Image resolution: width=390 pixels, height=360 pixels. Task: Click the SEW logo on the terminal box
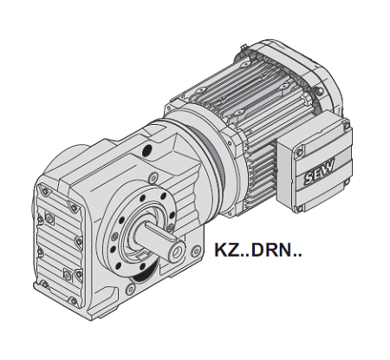[x=319, y=172]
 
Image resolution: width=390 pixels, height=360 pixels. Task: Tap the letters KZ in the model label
[x=227, y=250]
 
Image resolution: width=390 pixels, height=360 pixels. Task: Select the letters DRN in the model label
[x=271, y=250]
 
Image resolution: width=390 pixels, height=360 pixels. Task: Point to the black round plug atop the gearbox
[x=147, y=150]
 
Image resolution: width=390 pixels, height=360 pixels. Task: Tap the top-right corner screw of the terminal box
[x=347, y=126]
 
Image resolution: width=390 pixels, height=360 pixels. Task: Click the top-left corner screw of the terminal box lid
[x=300, y=152]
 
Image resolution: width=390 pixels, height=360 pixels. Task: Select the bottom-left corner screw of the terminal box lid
[x=300, y=207]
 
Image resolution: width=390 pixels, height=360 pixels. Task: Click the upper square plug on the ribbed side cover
[x=49, y=219]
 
